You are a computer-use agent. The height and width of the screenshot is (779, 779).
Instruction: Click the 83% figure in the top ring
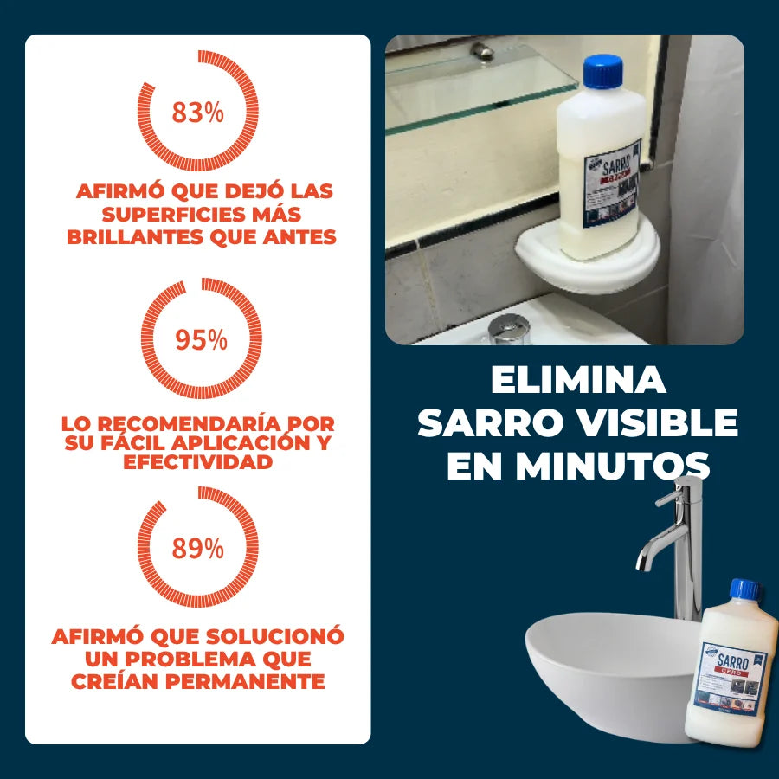point(197,113)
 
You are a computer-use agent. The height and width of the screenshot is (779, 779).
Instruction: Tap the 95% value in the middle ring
point(201,339)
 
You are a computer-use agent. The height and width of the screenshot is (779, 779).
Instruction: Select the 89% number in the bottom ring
point(197,548)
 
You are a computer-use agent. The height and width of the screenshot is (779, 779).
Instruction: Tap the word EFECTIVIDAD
point(198,462)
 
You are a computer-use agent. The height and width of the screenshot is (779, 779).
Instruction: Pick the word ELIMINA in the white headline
point(578,381)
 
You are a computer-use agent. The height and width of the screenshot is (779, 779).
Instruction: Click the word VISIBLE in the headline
point(661,423)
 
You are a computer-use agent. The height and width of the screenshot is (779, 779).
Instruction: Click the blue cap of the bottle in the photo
point(603,70)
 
